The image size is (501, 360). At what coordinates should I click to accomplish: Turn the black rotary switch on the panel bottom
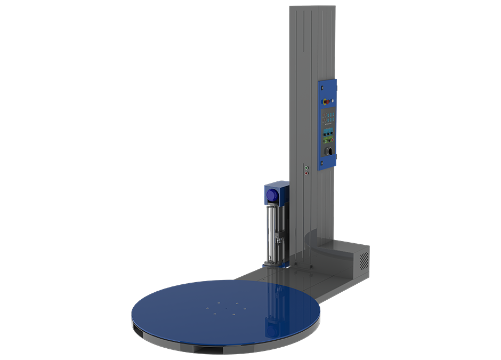click(329, 151)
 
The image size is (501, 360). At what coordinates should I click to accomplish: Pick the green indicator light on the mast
click(305, 167)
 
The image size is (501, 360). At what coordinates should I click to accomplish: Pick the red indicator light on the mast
click(305, 172)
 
